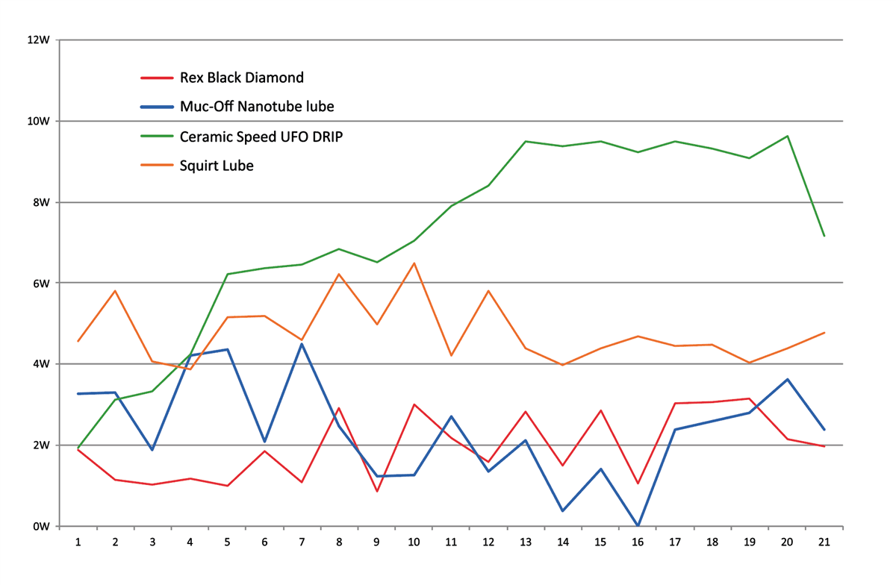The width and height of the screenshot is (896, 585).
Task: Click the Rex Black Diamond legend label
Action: (x=242, y=77)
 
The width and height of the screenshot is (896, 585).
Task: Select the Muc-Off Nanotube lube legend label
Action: (x=257, y=107)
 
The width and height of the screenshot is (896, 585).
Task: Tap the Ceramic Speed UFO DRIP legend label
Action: (x=261, y=137)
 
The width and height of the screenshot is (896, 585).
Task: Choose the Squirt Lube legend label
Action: (x=217, y=166)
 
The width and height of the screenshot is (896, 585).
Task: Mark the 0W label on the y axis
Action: (x=41, y=526)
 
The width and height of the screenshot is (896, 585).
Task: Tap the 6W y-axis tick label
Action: (x=41, y=284)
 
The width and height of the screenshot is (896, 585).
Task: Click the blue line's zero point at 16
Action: (x=637, y=525)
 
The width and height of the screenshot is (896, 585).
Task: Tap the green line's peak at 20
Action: (x=786, y=136)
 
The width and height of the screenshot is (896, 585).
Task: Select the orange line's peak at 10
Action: (x=414, y=263)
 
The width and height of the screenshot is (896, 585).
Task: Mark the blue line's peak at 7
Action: (x=302, y=344)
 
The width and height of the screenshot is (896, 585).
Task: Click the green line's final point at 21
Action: (x=824, y=236)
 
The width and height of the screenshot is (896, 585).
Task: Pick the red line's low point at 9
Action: (x=376, y=491)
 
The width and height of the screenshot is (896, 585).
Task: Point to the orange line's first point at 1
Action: (x=78, y=341)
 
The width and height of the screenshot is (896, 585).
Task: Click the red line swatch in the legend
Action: (x=157, y=77)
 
